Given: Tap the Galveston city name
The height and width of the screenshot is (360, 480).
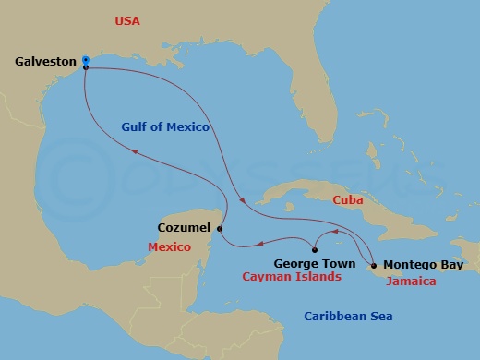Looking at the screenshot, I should coord(44,62).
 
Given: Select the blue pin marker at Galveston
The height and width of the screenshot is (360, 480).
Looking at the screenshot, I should coord(85,60).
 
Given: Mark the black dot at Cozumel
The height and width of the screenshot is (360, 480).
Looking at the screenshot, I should coord(221,228).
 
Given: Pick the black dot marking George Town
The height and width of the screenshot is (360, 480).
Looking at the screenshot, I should coord(316,249).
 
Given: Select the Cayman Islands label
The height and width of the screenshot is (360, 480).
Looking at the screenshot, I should coord(291,277).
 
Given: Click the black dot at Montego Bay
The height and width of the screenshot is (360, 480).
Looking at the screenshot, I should coord(373,263).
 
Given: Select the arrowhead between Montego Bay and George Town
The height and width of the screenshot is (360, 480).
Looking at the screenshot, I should coord(336,232).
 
